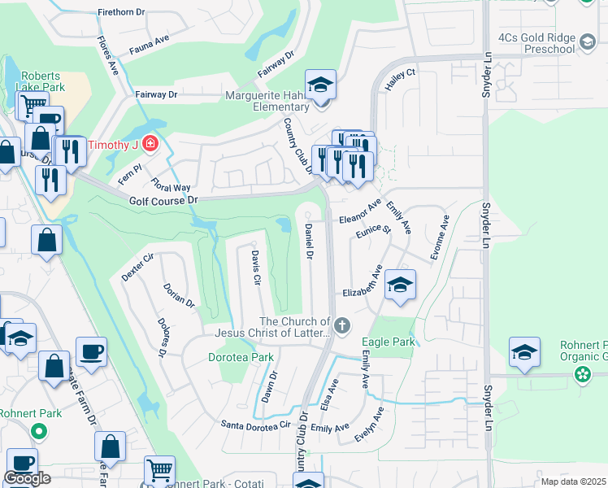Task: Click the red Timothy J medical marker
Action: tap(149, 145)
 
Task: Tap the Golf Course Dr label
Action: tap(163, 200)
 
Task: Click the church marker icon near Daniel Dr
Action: tap(342, 327)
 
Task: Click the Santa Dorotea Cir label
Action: tap(255, 425)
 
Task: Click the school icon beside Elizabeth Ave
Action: tap(400, 285)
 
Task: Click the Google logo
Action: tap(27, 478)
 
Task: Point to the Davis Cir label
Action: tap(254, 267)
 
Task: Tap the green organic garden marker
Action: tap(582, 375)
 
